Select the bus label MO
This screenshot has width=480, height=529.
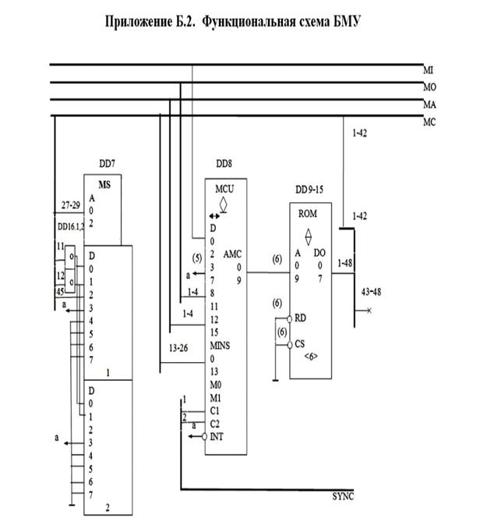point(428,88)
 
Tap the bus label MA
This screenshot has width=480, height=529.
point(428,105)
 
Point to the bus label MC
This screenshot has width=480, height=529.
point(428,122)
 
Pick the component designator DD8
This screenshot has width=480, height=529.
point(226,165)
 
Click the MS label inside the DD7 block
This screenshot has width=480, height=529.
point(105,185)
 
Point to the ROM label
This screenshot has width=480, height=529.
point(309,213)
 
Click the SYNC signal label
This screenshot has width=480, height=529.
point(344,496)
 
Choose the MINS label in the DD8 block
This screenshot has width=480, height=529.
point(221,345)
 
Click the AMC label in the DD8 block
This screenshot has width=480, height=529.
point(233,254)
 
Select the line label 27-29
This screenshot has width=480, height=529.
point(72,206)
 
